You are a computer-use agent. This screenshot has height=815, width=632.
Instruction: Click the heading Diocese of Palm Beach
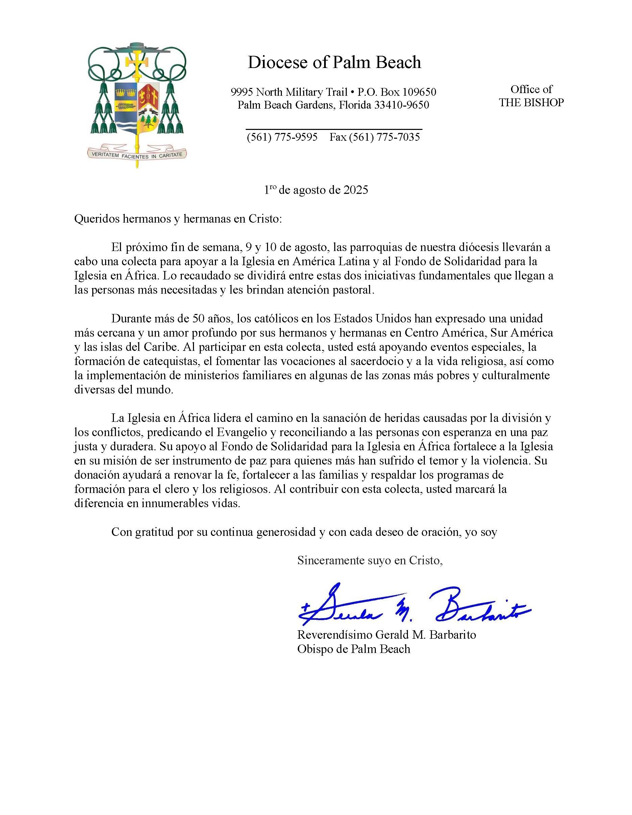coord(334,62)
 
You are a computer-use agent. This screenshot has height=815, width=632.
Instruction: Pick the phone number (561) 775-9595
coord(282,137)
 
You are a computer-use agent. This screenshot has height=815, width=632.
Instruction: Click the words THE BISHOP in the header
coord(531,103)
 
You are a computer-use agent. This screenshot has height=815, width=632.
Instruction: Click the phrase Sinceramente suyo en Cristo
coord(370,560)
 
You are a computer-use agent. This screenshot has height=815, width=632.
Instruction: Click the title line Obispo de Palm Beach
coord(354,649)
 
